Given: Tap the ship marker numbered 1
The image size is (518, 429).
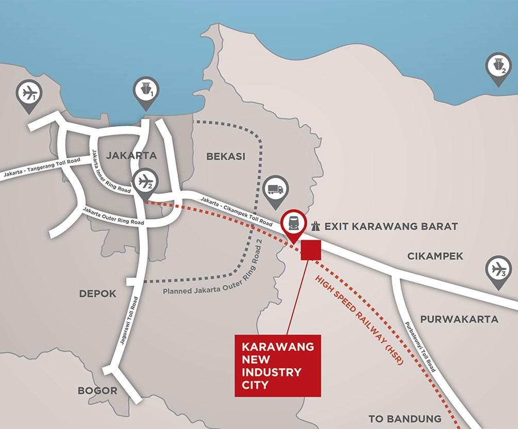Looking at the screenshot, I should (x=145, y=91).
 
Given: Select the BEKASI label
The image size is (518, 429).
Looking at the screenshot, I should (x=225, y=156).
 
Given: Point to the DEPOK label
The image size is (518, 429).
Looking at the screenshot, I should (x=98, y=293).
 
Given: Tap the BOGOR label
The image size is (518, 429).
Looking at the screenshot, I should (x=97, y=390).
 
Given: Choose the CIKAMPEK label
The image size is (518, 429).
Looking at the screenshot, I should (x=435, y=256).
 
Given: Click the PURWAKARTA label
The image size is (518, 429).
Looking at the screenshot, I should (x=459, y=319).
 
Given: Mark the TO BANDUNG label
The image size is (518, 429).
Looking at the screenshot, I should (x=405, y=418).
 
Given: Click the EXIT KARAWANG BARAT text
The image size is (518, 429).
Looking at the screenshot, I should (x=390, y=226).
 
